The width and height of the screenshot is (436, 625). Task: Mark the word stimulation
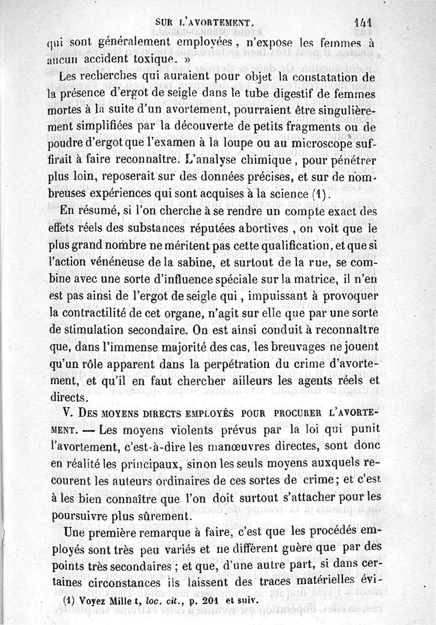click(x=106, y=330)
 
